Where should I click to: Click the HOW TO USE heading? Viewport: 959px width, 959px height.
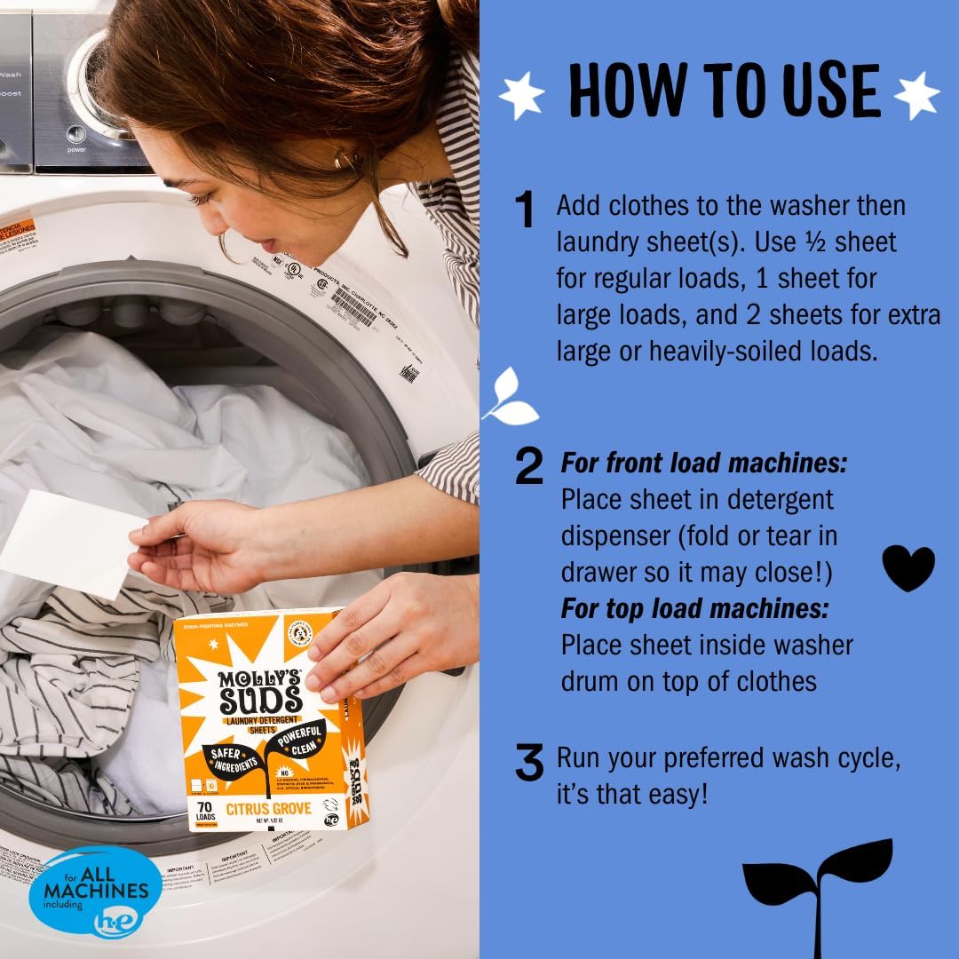pos(724,91)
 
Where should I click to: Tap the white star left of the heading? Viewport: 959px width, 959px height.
pos(521,95)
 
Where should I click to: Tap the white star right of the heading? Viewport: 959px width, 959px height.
pos(915,94)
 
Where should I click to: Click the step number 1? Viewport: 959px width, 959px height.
pos(526,211)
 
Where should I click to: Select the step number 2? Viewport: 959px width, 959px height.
pos(529,467)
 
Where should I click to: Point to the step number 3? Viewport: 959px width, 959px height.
pos(529,764)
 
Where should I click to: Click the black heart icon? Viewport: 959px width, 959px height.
pos(907,567)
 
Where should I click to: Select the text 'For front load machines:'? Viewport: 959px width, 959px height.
pos(704,463)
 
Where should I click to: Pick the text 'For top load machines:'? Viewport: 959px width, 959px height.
pos(695,608)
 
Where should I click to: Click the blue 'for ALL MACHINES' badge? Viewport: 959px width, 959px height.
pos(95,891)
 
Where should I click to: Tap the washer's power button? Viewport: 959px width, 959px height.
pos(77,135)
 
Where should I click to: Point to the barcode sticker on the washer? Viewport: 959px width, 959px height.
pos(353,306)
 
